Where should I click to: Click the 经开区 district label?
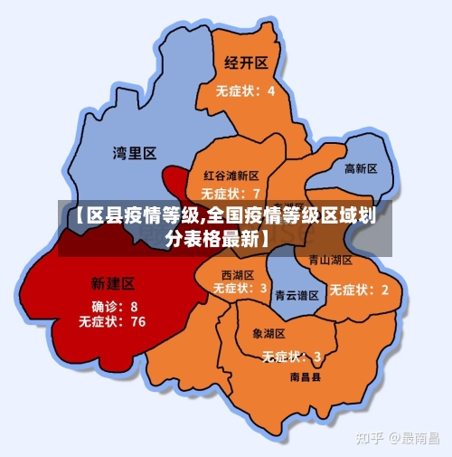(246, 62)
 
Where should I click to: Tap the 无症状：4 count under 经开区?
(245, 90)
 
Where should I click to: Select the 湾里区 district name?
(135, 153)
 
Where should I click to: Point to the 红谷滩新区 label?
(231, 176)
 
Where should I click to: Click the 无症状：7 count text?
(231, 193)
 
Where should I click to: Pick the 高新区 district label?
(361, 169)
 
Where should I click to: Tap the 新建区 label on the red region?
(114, 283)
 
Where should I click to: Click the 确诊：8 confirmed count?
(115, 307)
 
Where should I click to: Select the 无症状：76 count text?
(112, 321)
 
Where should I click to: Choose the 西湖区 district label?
(238, 274)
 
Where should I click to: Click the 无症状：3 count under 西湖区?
(240, 289)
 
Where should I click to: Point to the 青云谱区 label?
(297, 295)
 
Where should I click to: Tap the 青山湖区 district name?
(330, 260)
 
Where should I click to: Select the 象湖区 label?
(268, 334)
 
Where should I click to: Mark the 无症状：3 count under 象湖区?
(291, 356)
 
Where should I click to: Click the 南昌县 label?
(305, 376)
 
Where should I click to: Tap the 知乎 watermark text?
(371, 438)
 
